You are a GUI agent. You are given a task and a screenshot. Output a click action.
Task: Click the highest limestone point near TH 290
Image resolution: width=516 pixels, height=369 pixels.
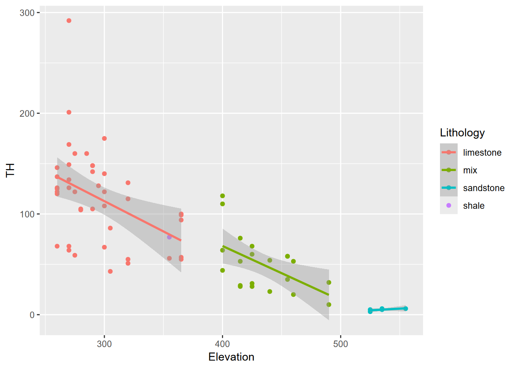click(69, 21)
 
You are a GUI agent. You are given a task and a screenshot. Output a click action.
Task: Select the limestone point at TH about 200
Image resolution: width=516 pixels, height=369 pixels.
click(69, 112)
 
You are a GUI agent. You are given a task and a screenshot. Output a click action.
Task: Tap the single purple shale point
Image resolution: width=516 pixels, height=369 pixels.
click(169, 237)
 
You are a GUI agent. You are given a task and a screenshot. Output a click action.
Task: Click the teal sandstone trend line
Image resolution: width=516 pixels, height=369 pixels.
click(388, 309)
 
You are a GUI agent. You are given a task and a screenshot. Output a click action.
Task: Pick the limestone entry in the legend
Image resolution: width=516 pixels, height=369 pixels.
click(482, 153)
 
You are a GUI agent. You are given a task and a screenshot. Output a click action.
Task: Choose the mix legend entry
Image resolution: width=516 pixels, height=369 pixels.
click(470, 170)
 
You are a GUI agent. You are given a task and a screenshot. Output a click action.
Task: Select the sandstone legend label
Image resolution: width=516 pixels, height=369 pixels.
click(483, 188)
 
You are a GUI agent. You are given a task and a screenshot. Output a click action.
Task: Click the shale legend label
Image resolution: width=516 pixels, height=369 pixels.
click(473, 206)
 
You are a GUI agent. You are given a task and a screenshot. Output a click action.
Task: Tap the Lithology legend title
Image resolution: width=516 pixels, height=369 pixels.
click(462, 133)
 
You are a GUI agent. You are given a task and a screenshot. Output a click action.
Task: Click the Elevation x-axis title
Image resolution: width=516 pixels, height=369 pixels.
click(231, 357)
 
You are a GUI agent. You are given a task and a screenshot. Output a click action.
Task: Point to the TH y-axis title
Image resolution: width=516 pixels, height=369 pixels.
click(10, 170)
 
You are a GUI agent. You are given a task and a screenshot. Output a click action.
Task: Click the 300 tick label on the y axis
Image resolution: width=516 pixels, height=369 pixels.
click(27, 13)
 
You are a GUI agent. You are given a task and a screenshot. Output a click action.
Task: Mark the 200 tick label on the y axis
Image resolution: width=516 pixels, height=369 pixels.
click(27, 113)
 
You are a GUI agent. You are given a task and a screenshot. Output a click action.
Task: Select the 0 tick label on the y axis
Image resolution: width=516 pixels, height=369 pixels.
click(32, 315)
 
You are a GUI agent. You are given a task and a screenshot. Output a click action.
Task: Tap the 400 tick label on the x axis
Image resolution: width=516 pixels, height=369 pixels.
click(222, 344)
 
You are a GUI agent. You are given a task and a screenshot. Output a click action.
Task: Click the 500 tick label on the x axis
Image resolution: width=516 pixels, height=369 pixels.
click(341, 344)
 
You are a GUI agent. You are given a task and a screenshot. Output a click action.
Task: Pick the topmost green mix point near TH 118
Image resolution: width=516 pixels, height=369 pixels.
click(222, 196)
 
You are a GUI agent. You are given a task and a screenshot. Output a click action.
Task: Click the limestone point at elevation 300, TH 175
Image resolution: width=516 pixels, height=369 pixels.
click(104, 138)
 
